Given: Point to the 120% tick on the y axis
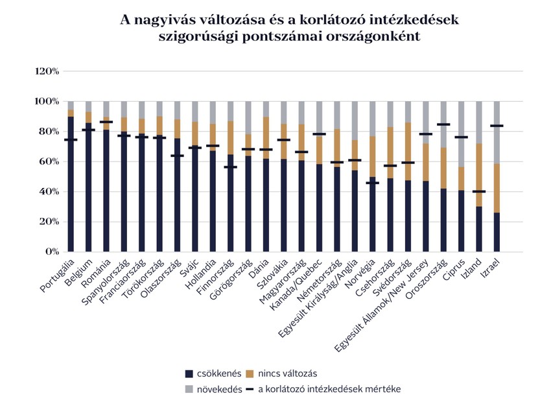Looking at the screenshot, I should click(x=47, y=71).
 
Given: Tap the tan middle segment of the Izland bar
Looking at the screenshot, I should click(x=479, y=175).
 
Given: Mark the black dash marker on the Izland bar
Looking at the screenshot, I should click(x=479, y=191).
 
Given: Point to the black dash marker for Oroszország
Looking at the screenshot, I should click(x=443, y=124).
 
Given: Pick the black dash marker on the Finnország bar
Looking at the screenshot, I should click(x=230, y=167).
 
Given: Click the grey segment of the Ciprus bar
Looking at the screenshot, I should click(x=462, y=133).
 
